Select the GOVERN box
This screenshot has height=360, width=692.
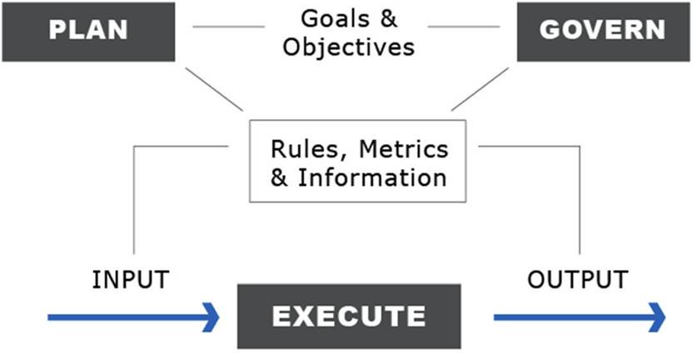tap(602, 30)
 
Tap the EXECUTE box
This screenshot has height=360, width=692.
tap(350, 316)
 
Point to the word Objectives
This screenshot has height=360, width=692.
tap(348, 46)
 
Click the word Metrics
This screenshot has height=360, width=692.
tap(403, 150)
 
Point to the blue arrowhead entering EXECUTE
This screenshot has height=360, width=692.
tap(212, 317)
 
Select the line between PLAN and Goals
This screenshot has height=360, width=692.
tap(228, 27)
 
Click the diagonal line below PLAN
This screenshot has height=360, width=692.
tap(212, 87)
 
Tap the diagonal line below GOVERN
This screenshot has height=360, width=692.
tap(480, 88)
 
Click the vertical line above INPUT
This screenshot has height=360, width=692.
tap(133, 200)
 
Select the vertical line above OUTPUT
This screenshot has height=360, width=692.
tap(579, 200)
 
